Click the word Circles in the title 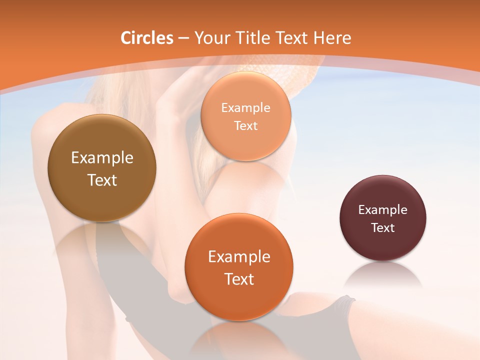point(146,38)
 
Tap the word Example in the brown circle point(102,158)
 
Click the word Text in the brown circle point(102,180)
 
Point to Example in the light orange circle point(245,107)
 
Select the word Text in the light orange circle point(245,125)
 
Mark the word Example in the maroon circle point(383,209)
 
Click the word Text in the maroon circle point(383,227)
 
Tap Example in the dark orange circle point(239,257)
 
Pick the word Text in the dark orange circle point(239,279)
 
